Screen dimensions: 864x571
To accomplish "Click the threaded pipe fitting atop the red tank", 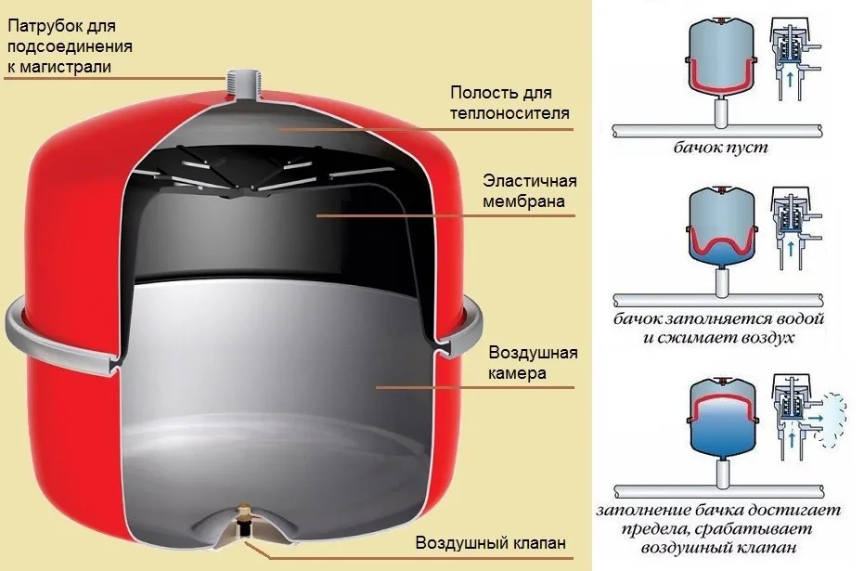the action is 242,84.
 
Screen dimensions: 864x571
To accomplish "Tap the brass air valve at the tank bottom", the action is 243,522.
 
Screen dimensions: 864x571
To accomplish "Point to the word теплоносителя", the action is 509,113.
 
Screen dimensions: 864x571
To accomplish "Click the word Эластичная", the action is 522,181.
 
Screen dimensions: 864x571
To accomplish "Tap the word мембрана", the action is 523,201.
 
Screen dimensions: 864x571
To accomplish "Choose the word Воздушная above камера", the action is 533,353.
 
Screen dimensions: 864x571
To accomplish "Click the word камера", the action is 517,373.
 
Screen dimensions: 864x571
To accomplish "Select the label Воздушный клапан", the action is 490,542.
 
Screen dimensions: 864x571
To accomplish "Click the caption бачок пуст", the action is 721,148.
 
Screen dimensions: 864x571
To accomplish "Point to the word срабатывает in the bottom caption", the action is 754,529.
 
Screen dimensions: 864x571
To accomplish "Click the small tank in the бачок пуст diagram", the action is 721,58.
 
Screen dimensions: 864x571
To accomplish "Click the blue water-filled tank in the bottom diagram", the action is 722,418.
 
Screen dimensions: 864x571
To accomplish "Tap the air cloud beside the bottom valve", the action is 830,420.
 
